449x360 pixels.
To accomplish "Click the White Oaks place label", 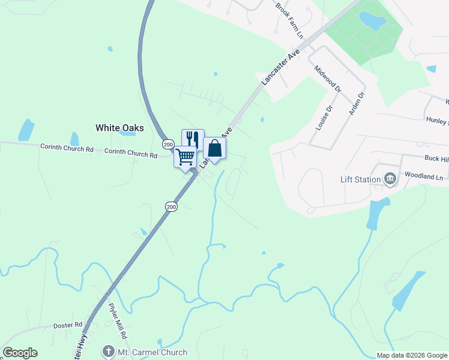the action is [119, 127].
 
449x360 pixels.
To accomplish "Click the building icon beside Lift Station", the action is [390, 179].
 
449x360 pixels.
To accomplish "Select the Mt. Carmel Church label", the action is [152, 352].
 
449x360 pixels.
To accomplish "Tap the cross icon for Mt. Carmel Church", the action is [108, 352].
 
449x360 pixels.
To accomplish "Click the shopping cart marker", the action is [185, 157].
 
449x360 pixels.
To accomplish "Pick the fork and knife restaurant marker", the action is [193, 139].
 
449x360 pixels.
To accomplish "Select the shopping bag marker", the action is [214, 148].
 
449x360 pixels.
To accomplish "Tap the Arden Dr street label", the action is [357, 103].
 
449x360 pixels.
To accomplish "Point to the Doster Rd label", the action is [67, 325].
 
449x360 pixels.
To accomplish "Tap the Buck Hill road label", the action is [436, 159].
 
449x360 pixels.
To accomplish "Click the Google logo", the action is [20, 353].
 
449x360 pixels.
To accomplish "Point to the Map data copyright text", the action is [411, 355].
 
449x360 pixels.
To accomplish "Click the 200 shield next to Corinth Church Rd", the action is [167, 145].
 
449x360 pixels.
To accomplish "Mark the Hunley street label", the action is [437, 121].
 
